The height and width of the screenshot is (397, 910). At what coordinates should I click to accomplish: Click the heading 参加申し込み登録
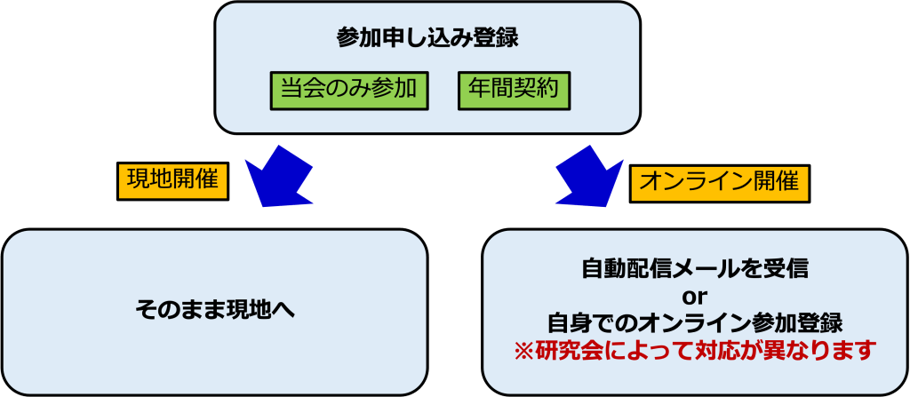427,39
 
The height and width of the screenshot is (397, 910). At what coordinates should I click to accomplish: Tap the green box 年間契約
513,89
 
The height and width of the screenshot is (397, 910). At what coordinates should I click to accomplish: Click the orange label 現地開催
172,180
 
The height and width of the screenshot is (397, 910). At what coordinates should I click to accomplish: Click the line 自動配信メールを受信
695,267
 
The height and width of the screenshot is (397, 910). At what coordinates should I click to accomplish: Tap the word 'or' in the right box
694,294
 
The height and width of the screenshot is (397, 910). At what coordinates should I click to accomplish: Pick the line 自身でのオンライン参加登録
695,321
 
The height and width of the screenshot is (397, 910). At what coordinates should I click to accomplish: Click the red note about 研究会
695,348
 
